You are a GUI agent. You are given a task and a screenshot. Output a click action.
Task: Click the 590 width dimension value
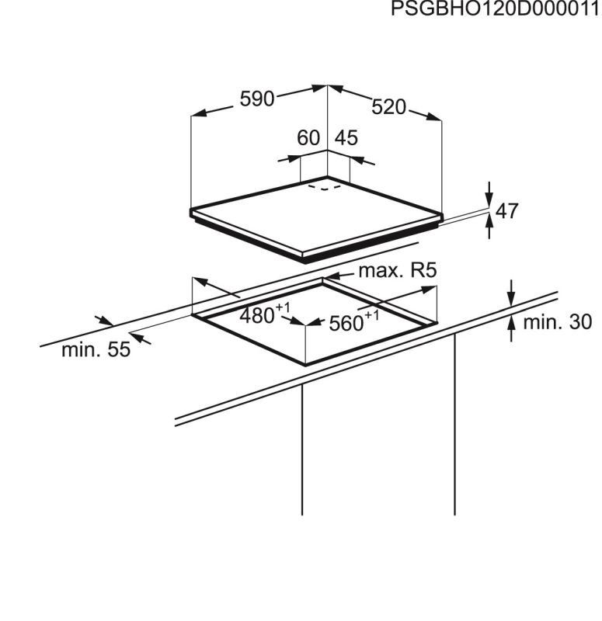coord(257,99)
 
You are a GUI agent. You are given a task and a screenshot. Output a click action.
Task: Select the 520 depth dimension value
coord(388,108)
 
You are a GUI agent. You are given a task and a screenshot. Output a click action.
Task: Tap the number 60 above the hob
coord(308,138)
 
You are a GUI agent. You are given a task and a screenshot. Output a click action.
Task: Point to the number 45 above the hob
coord(346,138)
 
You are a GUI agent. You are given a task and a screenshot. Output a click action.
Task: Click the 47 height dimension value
coord(506,211)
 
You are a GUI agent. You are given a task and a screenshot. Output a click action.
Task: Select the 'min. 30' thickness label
coord(557,321)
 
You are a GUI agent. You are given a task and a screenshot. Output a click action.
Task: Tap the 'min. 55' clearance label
coord(96,350)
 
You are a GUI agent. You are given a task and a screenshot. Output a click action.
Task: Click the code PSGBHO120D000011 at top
coord(495,9)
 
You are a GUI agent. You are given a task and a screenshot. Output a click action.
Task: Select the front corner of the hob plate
coord(302,257)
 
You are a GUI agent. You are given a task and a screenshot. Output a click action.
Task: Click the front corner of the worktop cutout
coord(304,364)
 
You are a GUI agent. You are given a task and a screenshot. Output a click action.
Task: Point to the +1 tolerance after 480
coord(283,307)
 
